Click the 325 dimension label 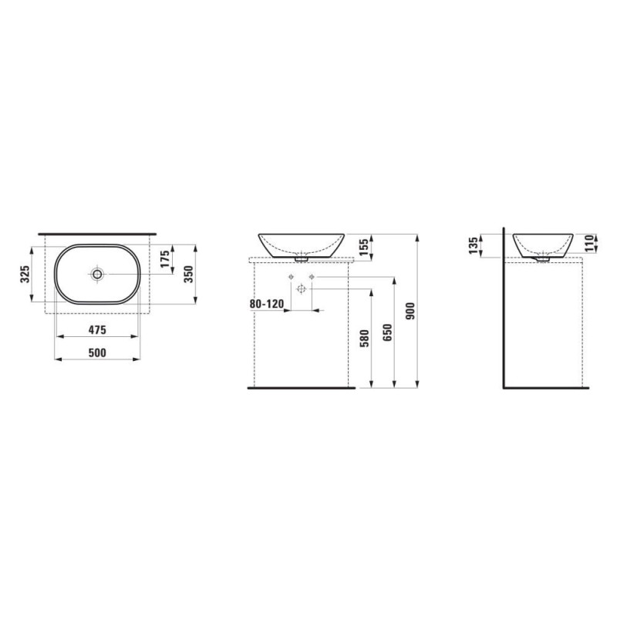coord(25,274)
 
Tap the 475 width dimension coord(97,330)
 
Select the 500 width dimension coord(97,352)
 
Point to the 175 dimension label coord(165,258)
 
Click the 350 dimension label coord(189,275)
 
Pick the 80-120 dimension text coord(266,304)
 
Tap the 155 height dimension coord(364,247)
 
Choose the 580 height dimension coord(364,339)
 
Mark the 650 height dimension coord(388,332)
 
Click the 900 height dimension coord(410,311)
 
